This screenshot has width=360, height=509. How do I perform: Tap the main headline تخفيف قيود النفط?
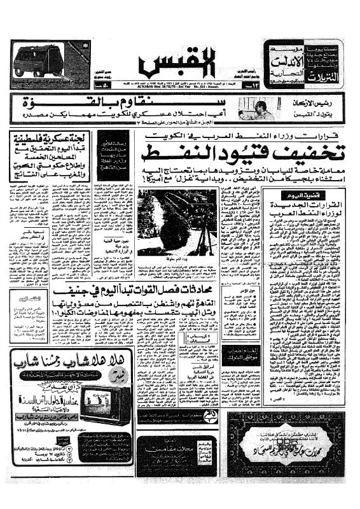coord(249,152)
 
